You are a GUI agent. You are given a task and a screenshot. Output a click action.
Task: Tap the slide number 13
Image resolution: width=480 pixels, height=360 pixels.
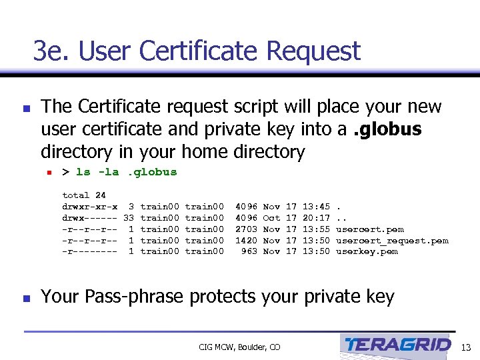(x=466, y=347)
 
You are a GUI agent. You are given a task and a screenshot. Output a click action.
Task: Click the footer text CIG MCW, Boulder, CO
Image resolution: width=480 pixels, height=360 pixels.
(x=240, y=347)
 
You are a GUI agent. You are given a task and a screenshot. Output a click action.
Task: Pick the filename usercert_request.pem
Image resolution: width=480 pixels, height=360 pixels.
(x=392, y=240)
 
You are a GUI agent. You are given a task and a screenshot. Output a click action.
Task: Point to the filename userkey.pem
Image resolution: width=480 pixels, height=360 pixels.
(x=367, y=251)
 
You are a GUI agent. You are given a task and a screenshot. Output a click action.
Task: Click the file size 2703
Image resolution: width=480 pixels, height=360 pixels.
(x=246, y=229)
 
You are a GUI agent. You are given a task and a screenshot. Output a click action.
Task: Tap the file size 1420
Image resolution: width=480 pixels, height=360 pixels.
(x=246, y=240)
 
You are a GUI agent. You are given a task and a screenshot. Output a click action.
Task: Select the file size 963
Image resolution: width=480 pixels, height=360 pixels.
(x=249, y=251)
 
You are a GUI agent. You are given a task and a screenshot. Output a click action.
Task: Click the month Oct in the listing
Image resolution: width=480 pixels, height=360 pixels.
(x=271, y=217)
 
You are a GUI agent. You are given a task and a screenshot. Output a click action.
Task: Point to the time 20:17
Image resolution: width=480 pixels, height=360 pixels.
(x=316, y=217)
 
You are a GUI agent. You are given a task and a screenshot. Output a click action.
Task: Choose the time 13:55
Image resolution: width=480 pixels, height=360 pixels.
(x=316, y=229)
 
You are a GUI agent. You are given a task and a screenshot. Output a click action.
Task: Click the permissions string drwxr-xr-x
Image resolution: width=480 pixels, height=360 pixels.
(x=90, y=207)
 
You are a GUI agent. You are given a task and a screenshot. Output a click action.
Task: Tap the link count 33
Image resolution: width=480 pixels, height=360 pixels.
(x=129, y=217)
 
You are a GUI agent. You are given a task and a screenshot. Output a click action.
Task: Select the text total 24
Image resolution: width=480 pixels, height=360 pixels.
(x=84, y=195)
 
